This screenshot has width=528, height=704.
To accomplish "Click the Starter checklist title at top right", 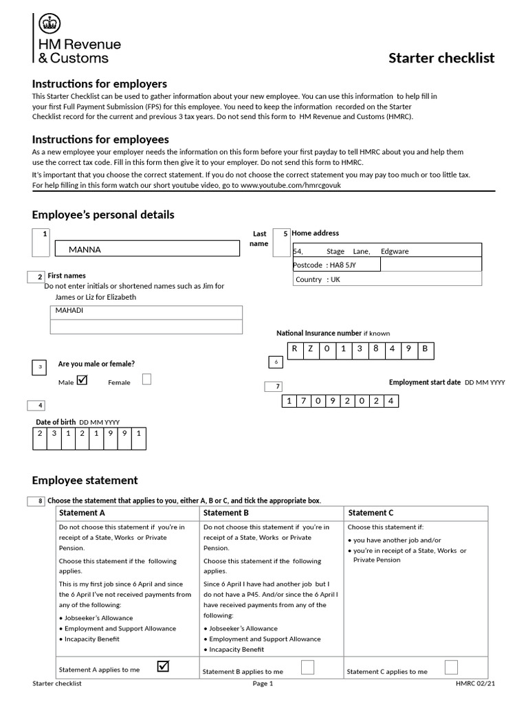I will (x=441, y=58).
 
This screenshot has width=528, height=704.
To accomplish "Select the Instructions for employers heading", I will (x=100, y=84).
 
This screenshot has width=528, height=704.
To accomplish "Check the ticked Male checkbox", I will (x=82, y=379).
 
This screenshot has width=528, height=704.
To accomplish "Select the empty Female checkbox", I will (x=146, y=379).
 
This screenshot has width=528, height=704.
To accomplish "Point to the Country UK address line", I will (x=318, y=279).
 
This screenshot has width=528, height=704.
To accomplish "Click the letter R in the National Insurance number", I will (x=294, y=349).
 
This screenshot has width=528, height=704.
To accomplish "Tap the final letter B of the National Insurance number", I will (x=424, y=349).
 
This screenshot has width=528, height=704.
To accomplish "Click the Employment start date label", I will (x=424, y=382).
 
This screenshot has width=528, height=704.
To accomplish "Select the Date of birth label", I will (x=56, y=422).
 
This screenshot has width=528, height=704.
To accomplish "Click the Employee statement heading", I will (x=85, y=481).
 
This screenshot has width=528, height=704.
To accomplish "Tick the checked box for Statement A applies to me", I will (x=164, y=666).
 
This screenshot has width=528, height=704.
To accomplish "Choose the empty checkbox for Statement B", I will (x=308, y=667).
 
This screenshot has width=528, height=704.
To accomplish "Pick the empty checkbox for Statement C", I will (x=451, y=667).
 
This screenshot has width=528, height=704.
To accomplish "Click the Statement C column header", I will (x=371, y=513).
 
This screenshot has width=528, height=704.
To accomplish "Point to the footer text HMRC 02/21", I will (x=474, y=683).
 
